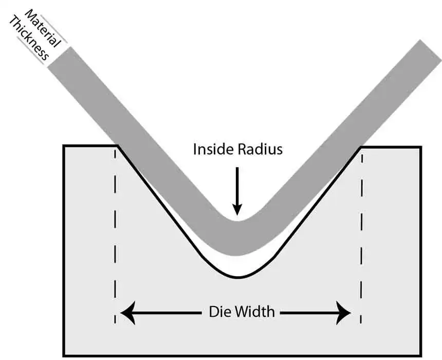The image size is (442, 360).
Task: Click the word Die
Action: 218,312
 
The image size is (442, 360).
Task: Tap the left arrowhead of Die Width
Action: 126,313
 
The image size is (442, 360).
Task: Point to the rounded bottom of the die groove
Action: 237,277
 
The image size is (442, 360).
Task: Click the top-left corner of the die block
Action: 64,147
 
